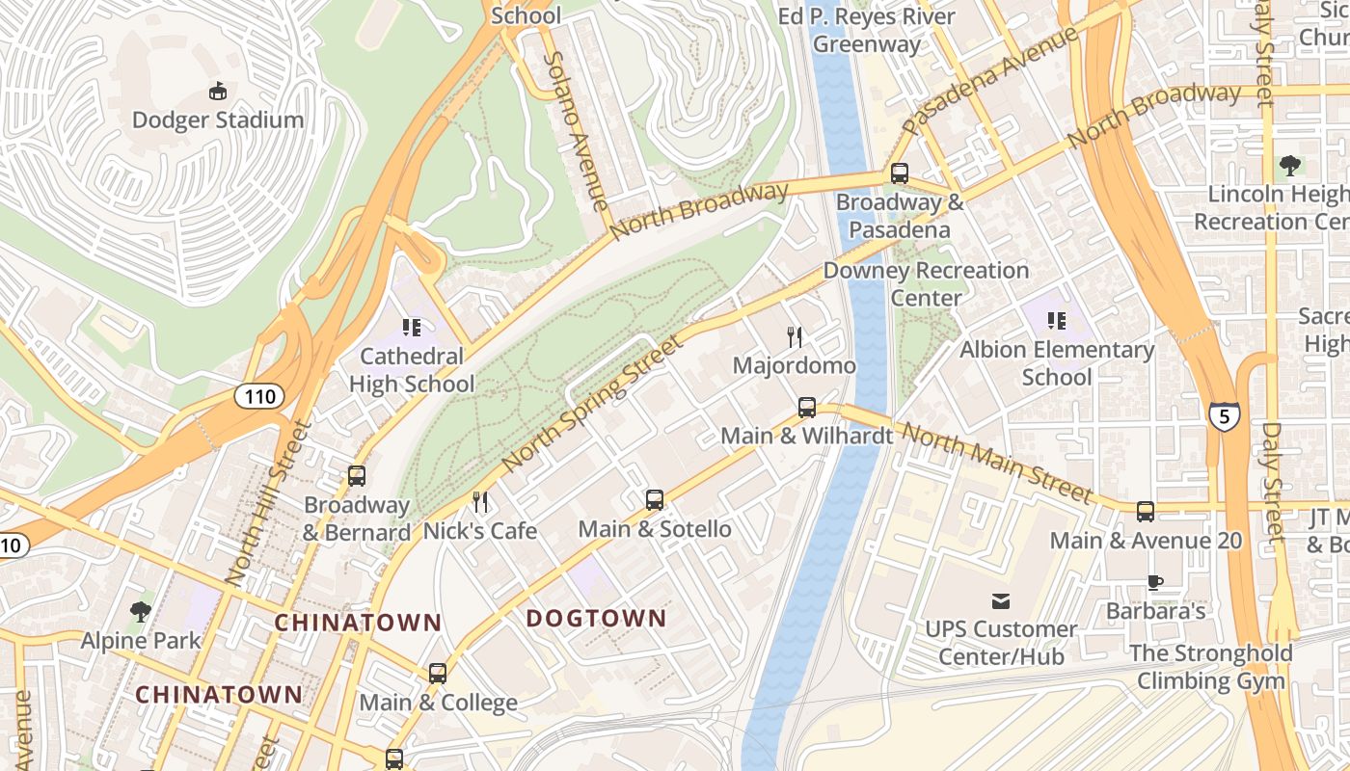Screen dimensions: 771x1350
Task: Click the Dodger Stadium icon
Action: [x=218, y=92]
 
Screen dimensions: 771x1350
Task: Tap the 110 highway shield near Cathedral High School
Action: [x=259, y=396]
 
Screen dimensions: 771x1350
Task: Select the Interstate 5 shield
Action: [x=1222, y=416]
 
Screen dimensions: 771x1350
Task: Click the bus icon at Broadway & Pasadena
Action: [x=899, y=173]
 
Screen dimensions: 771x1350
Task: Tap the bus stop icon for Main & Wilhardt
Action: [x=806, y=408]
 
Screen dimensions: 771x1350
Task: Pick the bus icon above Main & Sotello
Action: [x=654, y=500]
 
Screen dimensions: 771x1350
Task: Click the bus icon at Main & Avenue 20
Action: [x=1145, y=512]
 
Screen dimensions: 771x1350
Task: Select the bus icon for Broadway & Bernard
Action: [x=356, y=476]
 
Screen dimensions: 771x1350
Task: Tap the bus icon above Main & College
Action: [x=437, y=674]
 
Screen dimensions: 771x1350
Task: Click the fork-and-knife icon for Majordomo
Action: [x=794, y=337]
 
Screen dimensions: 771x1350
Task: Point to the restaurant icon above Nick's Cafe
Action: [x=480, y=502]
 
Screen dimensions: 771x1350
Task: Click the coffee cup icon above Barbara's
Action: [x=1154, y=582]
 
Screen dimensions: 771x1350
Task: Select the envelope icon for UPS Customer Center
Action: [x=1001, y=601]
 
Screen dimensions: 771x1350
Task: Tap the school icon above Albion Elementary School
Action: [x=1056, y=321]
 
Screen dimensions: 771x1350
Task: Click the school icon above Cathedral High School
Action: [x=412, y=328]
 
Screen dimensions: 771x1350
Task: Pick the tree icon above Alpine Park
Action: [x=140, y=611]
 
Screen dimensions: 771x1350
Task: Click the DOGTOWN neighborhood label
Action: [x=596, y=619]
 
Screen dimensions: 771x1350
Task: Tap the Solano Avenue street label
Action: [x=577, y=130]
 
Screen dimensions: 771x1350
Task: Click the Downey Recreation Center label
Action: [x=926, y=284]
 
